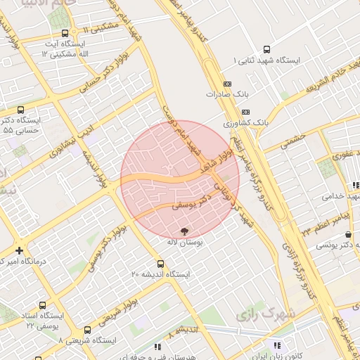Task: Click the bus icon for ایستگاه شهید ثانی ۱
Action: tap(266, 49)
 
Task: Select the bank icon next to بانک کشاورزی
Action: tap(245, 112)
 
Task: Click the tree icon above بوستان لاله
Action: tap(184, 231)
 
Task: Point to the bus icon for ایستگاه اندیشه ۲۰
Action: tap(160, 264)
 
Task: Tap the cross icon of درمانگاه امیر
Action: tap(19, 250)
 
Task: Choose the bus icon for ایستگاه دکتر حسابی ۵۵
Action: tap(20, 110)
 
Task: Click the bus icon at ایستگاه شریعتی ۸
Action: tap(87, 330)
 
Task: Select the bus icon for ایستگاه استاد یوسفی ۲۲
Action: tap(43, 306)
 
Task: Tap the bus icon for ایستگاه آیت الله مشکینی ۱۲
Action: tap(65, 33)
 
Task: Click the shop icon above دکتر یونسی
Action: tap(349, 234)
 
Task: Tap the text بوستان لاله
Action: tap(184, 242)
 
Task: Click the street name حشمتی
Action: tap(296, 141)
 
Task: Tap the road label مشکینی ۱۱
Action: tap(100, 27)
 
